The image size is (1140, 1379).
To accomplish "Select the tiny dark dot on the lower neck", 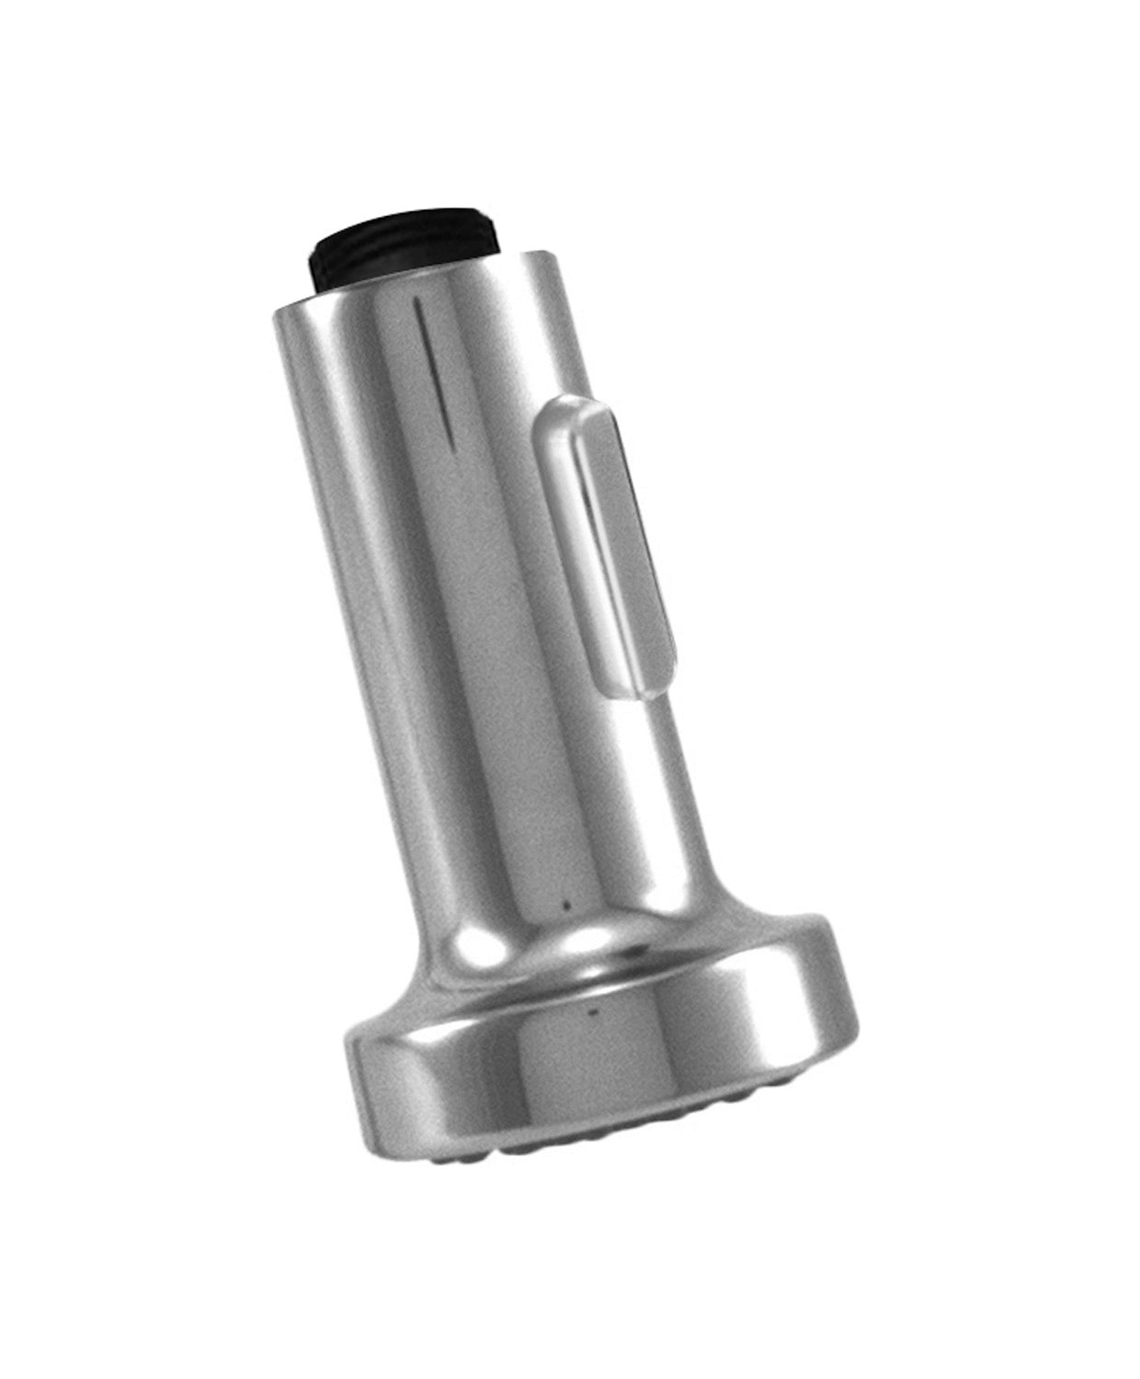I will click(x=567, y=908).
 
